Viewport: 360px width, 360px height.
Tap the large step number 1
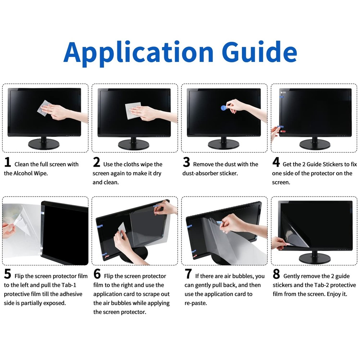(x=8, y=162)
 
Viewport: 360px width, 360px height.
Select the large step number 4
(x=276, y=162)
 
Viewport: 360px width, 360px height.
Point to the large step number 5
(x=8, y=274)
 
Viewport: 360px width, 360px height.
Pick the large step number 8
(x=276, y=274)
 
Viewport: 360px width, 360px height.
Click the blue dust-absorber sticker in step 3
(x=224, y=107)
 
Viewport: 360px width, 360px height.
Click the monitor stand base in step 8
(x=314, y=258)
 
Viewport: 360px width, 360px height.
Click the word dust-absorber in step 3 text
(x=201, y=173)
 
